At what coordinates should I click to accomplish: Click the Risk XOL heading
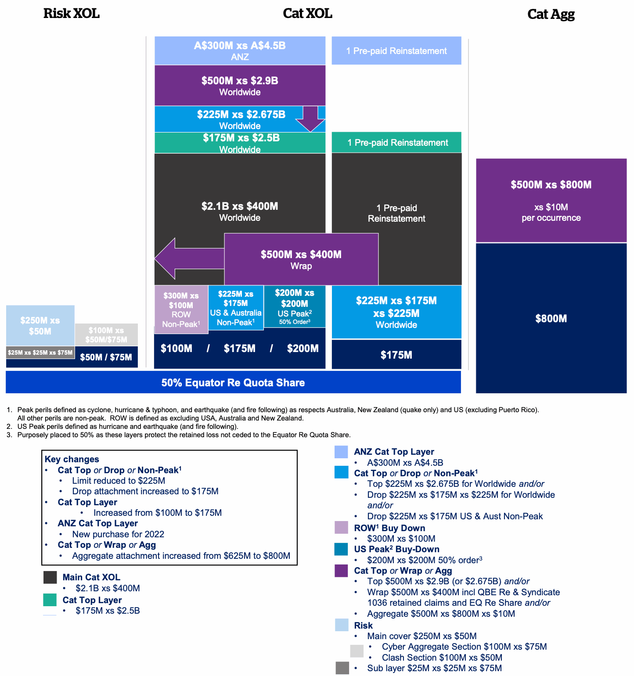coord(71,14)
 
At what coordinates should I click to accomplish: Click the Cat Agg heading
coord(551,14)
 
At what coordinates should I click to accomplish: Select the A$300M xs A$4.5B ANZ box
coord(240,50)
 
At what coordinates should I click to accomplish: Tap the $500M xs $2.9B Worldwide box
coord(240,85)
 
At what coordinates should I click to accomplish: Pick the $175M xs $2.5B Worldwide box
coord(240,143)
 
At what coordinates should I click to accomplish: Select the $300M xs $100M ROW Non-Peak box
coord(181,309)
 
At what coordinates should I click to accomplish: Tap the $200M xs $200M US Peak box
coord(295,306)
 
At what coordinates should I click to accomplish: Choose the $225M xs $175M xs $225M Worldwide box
coord(396,312)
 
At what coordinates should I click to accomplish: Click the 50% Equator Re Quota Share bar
coord(233,382)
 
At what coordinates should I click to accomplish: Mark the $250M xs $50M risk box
coord(40,325)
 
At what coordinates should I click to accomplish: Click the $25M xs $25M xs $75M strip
coord(40,352)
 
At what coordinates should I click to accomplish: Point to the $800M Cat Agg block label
coord(551,319)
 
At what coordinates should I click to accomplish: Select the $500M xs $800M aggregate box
coord(551,200)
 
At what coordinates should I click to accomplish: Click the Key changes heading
coord(72,459)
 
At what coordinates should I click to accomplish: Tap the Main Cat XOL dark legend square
coord(50,577)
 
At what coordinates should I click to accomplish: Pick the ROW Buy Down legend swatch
coord(341,528)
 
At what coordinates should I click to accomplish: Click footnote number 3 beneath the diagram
coord(9,435)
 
